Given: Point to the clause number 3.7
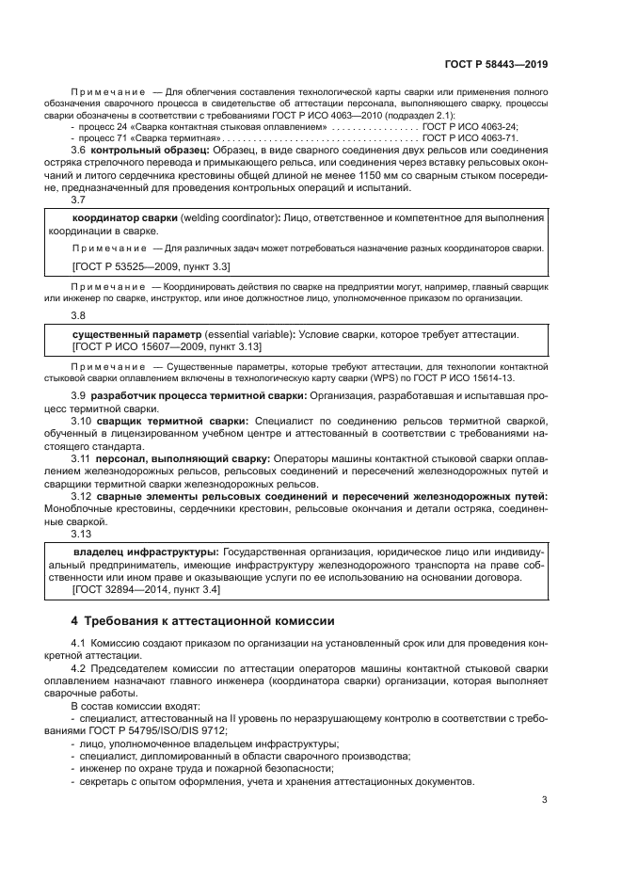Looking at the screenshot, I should pos(78,200).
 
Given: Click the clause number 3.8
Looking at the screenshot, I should pos(78,315).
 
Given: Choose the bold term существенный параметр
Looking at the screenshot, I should pos(136,333).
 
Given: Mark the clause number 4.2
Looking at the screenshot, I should pos(78,668).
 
